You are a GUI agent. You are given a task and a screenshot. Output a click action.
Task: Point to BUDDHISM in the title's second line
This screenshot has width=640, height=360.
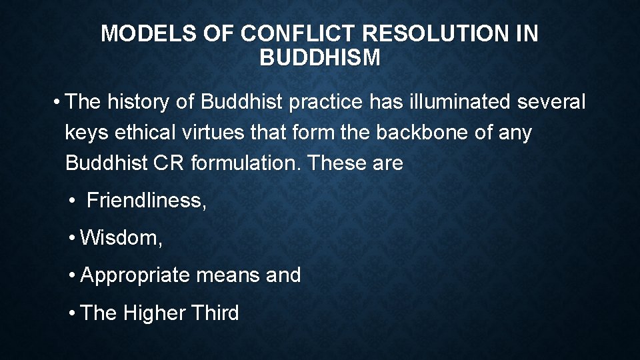320,58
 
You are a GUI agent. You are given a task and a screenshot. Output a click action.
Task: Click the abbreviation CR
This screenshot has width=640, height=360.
169,163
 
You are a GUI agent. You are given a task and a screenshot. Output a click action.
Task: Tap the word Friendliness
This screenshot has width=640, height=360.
147,200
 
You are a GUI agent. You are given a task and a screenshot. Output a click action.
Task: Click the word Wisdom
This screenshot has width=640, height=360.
121,237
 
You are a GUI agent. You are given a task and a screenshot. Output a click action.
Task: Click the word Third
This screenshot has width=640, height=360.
215,312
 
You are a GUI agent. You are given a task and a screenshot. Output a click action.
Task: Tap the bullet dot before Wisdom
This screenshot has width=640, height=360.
71,238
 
